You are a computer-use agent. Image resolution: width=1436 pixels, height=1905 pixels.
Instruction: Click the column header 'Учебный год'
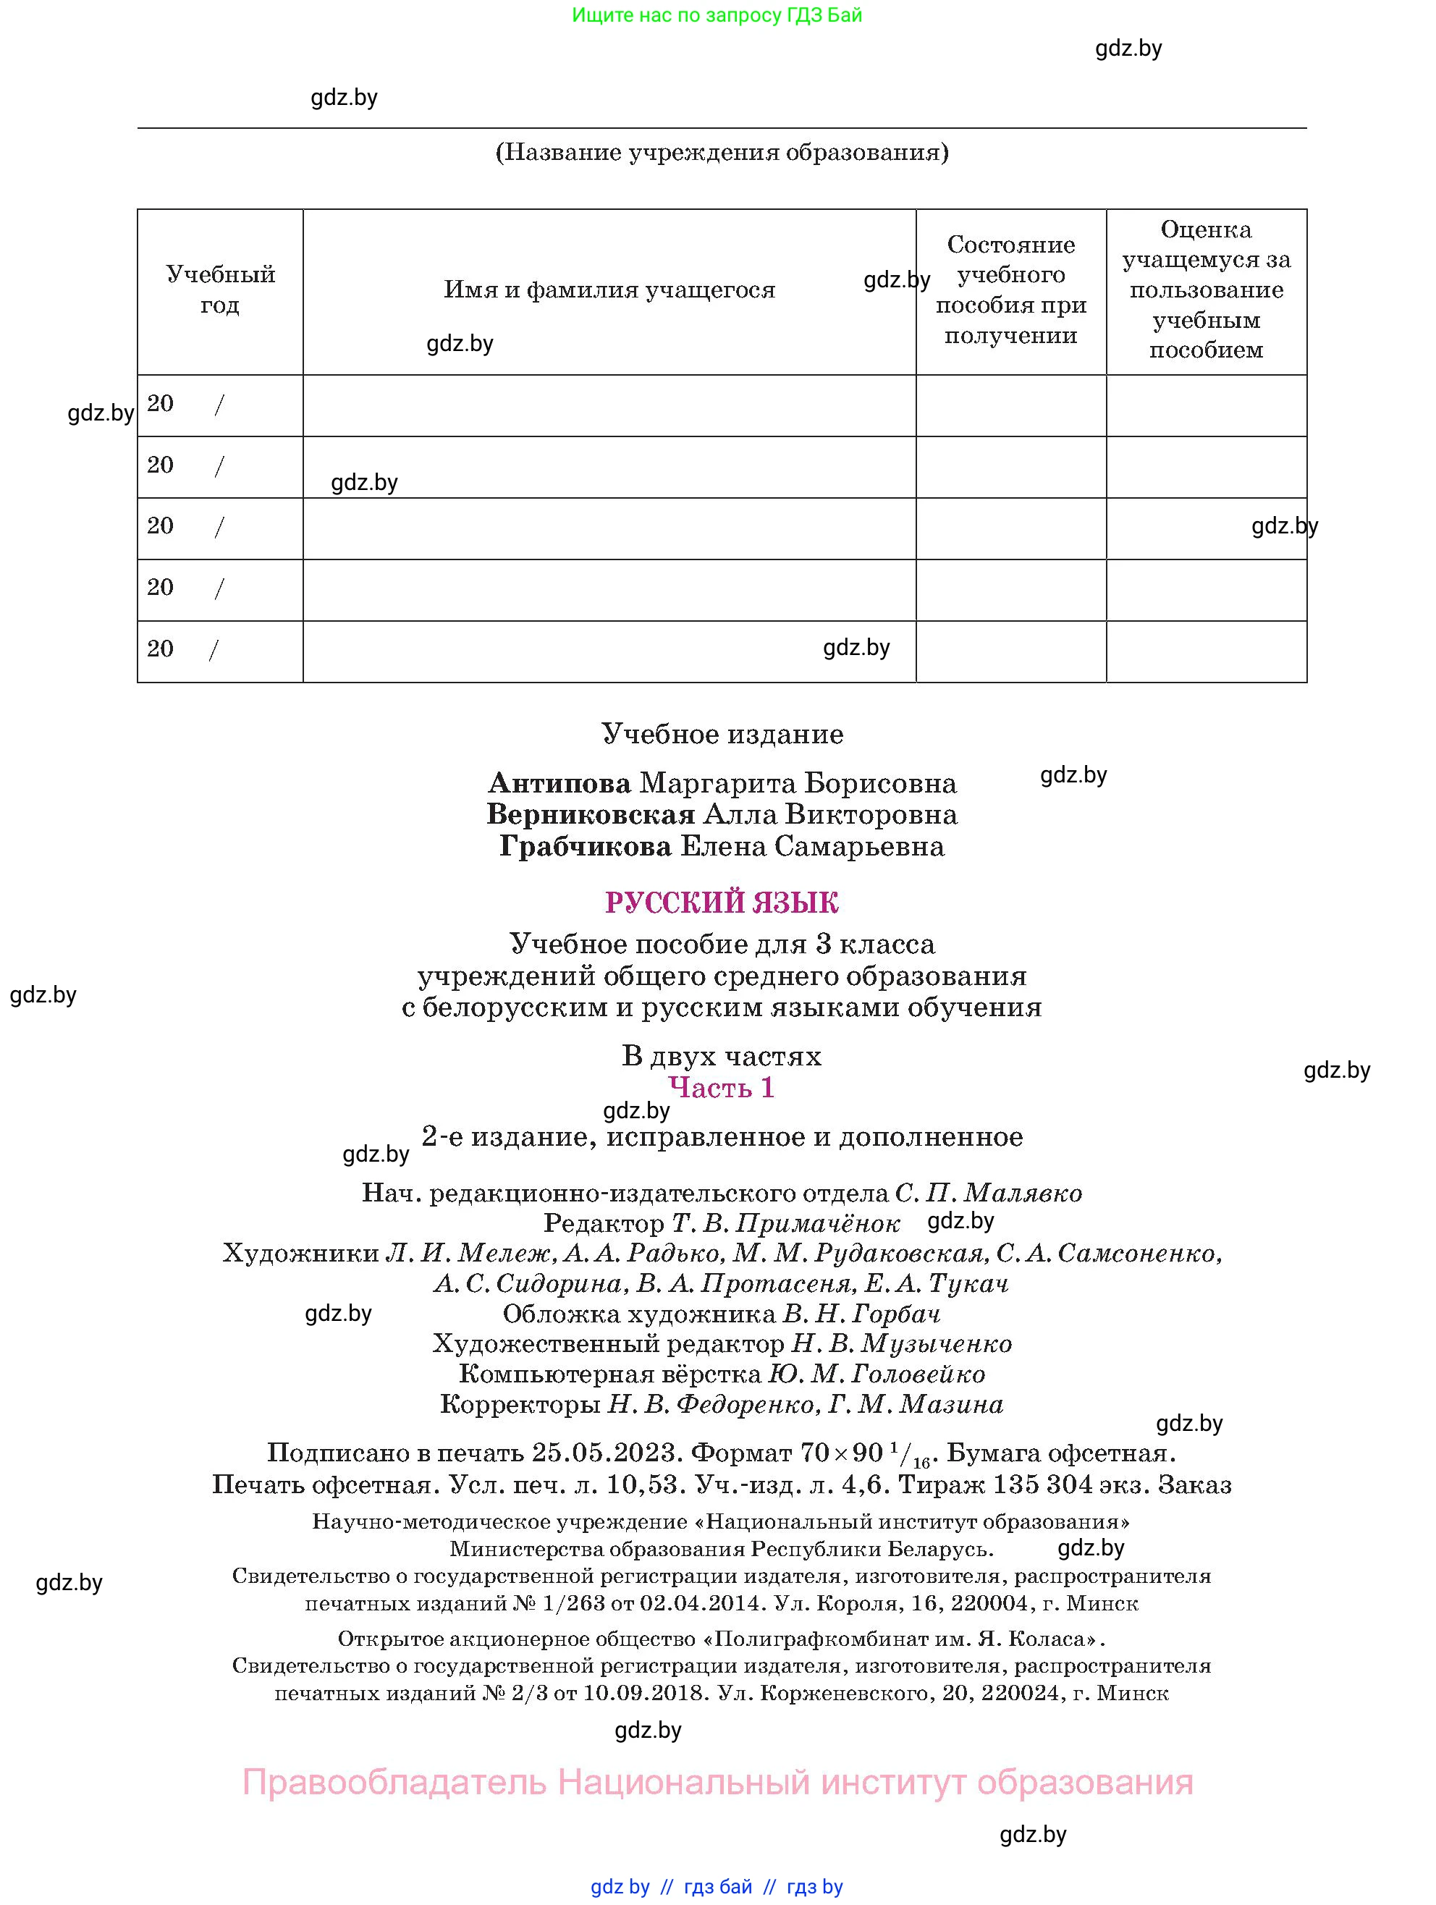(221, 290)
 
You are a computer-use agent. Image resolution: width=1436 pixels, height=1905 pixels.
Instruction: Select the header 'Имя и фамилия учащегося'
(609, 290)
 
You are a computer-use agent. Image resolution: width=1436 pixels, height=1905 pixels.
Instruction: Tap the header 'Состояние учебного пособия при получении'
(1010, 290)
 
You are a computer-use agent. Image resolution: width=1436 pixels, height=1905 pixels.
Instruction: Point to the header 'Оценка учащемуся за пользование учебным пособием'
(1206, 290)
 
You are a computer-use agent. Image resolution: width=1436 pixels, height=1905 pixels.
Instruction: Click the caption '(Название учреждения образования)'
(722, 153)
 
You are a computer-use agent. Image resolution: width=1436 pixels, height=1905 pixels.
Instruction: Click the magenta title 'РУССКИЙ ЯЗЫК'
(722, 903)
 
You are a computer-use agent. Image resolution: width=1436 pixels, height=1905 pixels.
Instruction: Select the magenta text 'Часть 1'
(722, 1088)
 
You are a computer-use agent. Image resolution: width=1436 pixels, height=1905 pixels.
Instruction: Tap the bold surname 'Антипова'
(560, 784)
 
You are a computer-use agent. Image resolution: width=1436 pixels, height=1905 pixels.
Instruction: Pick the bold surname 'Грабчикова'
(586, 847)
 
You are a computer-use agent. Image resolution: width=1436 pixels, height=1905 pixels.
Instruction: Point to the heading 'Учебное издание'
(722, 735)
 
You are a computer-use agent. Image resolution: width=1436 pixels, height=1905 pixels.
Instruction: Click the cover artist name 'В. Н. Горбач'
(861, 1314)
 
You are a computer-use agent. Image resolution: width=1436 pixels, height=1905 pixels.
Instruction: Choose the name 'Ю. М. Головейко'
(876, 1374)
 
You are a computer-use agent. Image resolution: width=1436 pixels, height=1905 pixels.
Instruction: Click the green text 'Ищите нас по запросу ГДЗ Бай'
(717, 15)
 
